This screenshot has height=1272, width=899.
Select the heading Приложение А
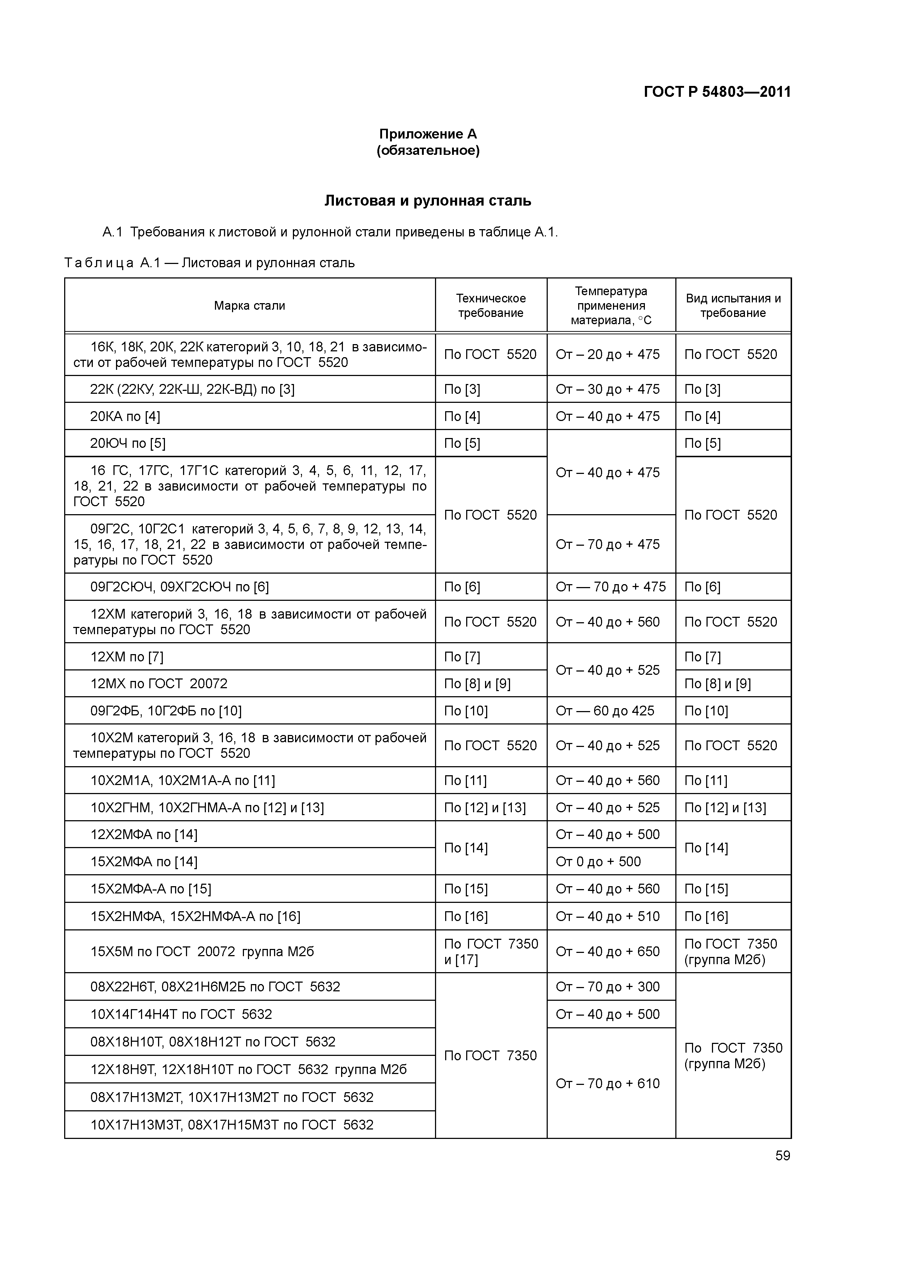(x=428, y=134)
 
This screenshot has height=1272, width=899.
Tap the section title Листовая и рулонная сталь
(x=428, y=201)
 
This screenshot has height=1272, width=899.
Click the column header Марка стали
(x=250, y=306)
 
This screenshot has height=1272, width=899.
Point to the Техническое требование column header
(x=491, y=306)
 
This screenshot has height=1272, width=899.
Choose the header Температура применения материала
(x=611, y=306)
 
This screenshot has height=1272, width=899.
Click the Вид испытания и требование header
(x=733, y=306)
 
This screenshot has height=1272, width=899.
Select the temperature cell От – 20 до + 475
(x=608, y=355)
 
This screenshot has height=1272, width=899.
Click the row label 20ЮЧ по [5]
(x=128, y=443)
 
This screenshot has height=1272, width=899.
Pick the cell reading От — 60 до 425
(x=605, y=711)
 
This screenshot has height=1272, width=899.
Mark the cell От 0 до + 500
(x=598, y=862)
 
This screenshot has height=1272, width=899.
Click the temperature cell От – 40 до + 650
(x=608, y=952)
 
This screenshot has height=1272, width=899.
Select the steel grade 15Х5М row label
(x=202, y=952)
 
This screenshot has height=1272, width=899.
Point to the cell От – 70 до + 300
(x=608, y=987)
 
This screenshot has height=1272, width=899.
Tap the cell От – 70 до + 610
(x=608, y=1084)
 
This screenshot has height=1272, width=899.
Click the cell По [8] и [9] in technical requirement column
(x=477, y=684)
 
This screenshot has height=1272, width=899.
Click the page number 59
(x=783, y=1156)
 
